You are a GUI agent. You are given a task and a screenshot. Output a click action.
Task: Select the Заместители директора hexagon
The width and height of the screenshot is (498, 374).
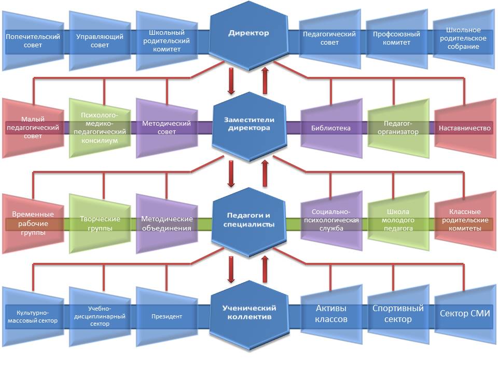click(249, 124)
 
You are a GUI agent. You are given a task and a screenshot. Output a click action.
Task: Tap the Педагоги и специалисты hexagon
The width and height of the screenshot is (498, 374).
click(249, 220)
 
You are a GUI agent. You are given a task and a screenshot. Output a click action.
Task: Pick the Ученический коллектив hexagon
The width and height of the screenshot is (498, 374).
click(249, 313)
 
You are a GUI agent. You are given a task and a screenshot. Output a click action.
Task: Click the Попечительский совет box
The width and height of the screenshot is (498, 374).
click(33, 41)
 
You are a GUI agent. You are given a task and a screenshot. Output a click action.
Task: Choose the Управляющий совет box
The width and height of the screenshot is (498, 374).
click(100, 41)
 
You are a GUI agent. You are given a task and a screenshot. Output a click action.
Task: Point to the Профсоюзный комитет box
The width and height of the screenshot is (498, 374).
click(396, 39)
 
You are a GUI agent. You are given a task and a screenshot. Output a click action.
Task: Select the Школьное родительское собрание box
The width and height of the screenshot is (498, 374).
click(463, 39)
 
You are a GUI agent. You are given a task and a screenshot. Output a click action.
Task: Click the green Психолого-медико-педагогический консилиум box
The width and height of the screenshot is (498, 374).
click(100, 128)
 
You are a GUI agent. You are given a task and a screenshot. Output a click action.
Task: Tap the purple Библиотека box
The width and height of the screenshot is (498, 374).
click(331, 128)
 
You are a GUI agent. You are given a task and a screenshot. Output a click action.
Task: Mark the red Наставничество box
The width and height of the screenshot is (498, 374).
click(464, 128)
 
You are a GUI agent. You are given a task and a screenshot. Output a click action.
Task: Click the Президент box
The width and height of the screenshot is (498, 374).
click(167, 316)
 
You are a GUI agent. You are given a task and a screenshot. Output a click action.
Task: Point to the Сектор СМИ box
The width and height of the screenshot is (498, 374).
click(464, 313)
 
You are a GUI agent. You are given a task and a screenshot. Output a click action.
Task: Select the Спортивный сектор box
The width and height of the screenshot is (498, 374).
click(398, 313)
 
